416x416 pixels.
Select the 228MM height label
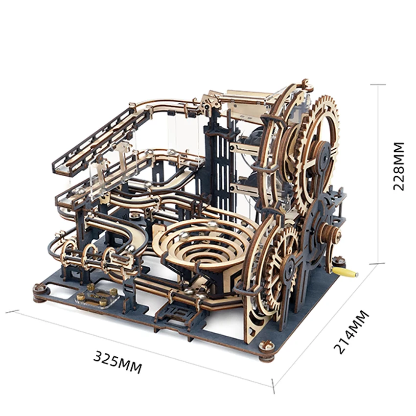399,166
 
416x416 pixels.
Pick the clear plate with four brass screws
97,296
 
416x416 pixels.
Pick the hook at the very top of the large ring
306,84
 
